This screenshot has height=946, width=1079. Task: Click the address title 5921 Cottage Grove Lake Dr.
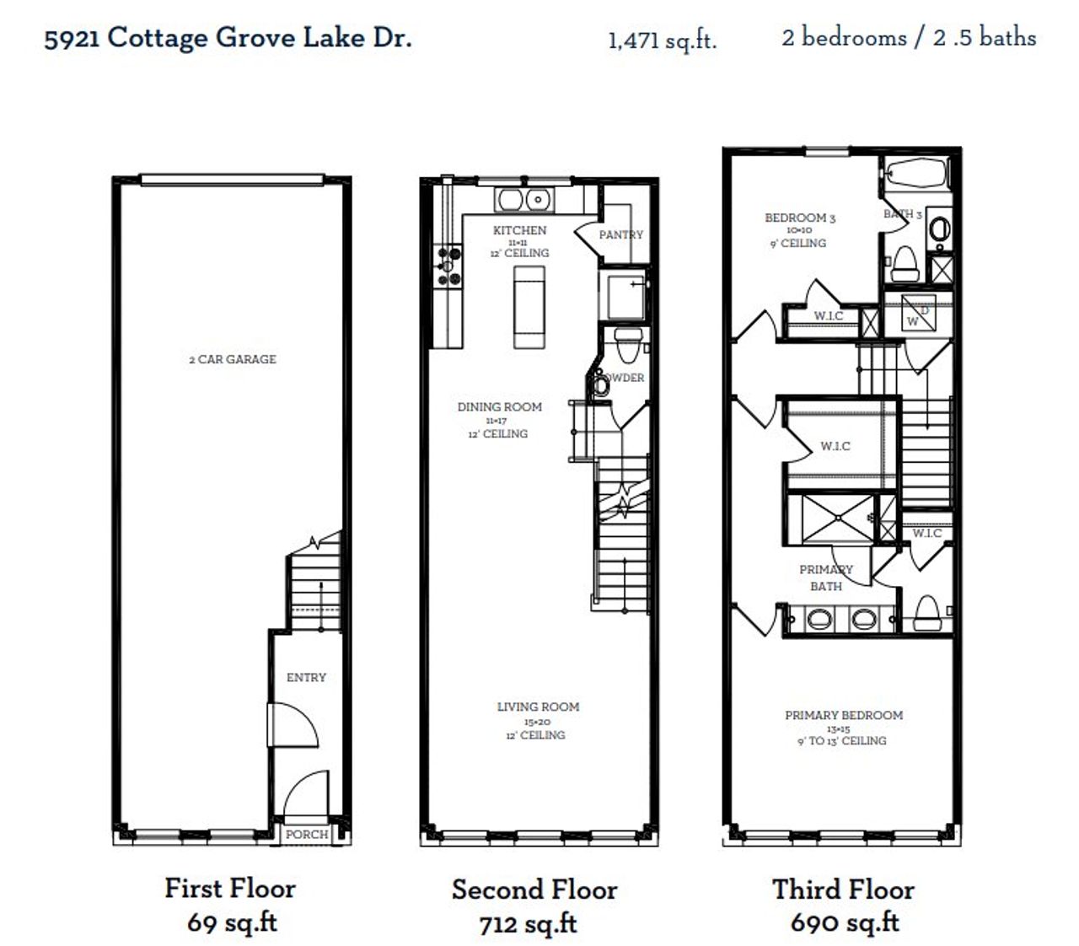[x=228, y=38]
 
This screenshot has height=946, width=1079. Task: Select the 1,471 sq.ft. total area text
[x=662, y=40]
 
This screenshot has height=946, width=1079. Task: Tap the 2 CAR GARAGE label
[x=232, y=359]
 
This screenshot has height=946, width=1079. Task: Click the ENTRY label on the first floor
[x=305, y=677]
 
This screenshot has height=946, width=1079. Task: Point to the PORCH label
[x=306, y=834]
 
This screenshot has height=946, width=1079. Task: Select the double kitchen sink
[x=523, y=200]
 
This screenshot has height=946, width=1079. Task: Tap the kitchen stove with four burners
[x=448, y=266]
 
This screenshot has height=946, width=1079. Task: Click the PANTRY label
[x=620, y=234]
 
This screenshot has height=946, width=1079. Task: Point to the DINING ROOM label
[x=499, y=406]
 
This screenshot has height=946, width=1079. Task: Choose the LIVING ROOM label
[x=538, y=707]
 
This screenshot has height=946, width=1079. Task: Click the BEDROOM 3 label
[x=799, y=218]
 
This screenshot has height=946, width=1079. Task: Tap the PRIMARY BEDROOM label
[x=843, y=715]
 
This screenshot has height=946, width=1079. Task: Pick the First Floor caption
[x=229, y=888]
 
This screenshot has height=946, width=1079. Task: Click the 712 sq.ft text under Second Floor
[x=528, y=924]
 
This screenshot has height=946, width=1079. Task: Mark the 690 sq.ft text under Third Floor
[x=844, y=922]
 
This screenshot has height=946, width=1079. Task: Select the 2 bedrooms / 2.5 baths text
[x=908, y=38]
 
